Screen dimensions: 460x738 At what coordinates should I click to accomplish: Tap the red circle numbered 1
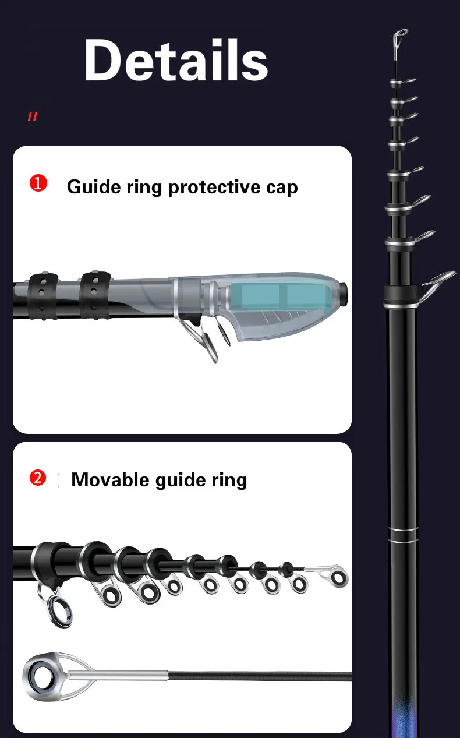point(38,183)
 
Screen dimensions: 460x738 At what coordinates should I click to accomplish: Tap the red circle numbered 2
point(38,478)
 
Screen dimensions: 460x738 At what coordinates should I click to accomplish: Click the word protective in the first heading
point(215,188)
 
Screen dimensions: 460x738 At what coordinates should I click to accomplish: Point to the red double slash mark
point(33,116)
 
